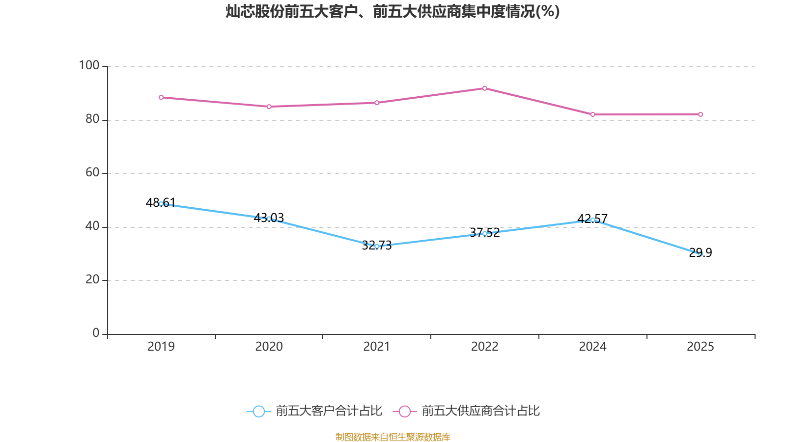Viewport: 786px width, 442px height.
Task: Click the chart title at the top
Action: (393, 11)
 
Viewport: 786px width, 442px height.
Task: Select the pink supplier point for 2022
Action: (485, 88)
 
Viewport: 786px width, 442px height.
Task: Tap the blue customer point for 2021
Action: (377, 246)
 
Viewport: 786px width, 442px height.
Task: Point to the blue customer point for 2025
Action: (701, 254)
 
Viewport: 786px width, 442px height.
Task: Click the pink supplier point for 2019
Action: (161, 97)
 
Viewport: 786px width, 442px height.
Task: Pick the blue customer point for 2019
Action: (161, 204)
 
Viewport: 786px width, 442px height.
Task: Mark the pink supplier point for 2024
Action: (592, 114)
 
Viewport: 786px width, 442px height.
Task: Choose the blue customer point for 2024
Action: (592, 220)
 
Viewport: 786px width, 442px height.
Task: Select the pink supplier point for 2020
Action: (269, 107)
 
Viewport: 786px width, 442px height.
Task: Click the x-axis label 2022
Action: (484, 347)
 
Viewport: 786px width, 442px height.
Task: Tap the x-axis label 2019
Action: (161, 347)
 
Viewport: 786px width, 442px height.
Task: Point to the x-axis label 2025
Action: (700, 347)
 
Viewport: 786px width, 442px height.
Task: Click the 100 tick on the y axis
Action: (89, 65)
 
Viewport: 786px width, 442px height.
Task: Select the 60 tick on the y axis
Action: (92, 172)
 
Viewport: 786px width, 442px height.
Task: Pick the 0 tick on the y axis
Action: (96, 333)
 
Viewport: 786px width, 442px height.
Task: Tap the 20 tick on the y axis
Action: (92, 279)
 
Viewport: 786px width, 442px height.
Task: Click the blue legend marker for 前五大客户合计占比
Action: (258, 411)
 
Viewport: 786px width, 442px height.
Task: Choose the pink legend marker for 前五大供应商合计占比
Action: (404, 411)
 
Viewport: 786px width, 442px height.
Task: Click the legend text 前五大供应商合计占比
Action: (480, 411)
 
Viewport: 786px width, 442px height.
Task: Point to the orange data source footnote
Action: (393, 437)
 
